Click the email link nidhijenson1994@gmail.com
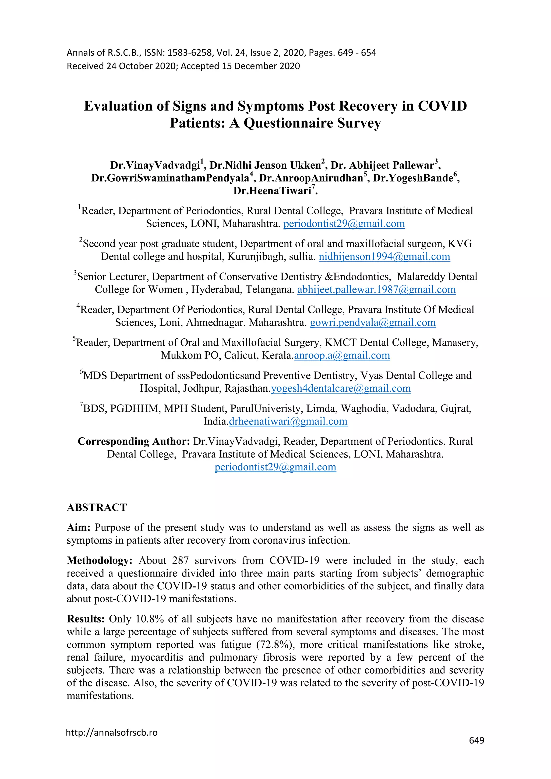pyautogui.click(x=384, y=257)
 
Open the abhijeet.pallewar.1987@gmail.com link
pyautogui.click(x=376, y=289)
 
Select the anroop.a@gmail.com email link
pyautogui.click(x=342, y=355)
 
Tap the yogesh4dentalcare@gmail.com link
pyautogui.click(x=341, y=388)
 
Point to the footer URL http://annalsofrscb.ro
pyautogui.click(x=112, y=732)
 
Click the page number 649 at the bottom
pyautogui.click(x=476, y=740)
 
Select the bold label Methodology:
pyautogui.click(x=99, y=561)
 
